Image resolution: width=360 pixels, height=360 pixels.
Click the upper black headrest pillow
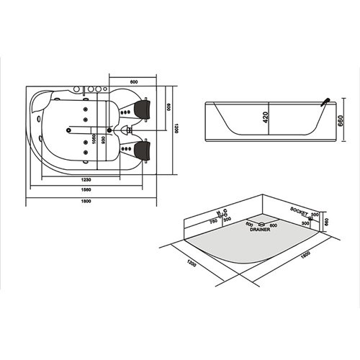[x=141, y=110]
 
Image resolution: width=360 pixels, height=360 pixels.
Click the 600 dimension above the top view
[x=133, y=81]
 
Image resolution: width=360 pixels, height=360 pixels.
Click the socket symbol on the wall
[x=310, y=217]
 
